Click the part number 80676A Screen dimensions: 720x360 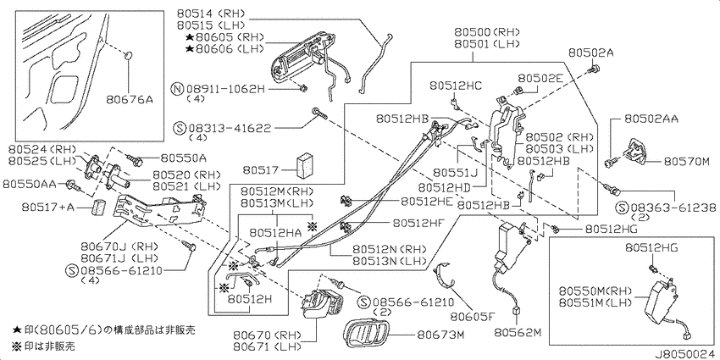point(129,98)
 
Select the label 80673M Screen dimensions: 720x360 point(440,335)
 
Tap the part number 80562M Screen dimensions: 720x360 point(518,332)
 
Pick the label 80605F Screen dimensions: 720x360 point(472,317)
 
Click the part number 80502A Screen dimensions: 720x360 point(590,53)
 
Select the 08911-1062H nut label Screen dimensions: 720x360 point(225,89)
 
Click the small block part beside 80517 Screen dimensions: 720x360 point(304,164)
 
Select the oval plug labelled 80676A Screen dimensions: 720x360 point(129,56)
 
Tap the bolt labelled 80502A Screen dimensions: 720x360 point(595,69)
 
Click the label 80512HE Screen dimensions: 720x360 point(427,201)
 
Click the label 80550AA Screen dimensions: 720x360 point(29,184)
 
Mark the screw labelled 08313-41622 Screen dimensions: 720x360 point(318,113)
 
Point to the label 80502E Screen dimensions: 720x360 point(541,79)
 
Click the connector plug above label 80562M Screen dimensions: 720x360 point(516,311)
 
